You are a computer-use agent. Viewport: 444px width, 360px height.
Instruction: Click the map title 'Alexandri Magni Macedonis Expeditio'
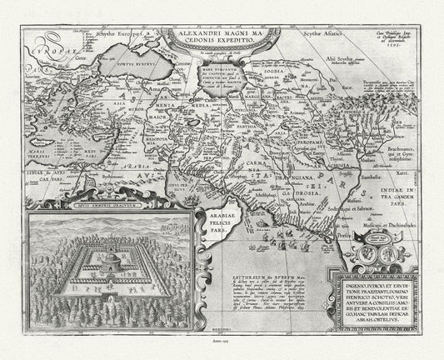point(217,42)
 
